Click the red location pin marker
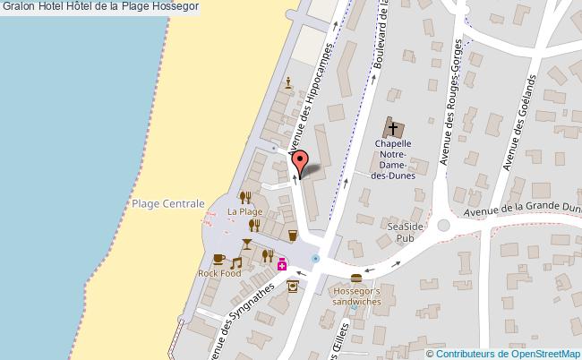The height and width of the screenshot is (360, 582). (x=302, y=160)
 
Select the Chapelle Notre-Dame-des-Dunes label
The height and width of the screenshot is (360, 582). (x=393, y=159)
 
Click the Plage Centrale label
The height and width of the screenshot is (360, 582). (x=168, y=204)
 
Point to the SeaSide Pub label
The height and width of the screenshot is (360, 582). (x=404, y=233)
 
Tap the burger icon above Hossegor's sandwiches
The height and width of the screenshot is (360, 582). (x=356, y=278)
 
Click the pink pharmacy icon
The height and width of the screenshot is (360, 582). (x=281, y=264)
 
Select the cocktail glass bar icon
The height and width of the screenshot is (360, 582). (x=247, y=244)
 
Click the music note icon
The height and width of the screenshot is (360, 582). (x=236, y=263)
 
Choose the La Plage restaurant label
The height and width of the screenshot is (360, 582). (x=244, y=211)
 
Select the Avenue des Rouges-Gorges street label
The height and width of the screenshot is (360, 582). (x=450, y=103)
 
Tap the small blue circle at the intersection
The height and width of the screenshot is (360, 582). (x=315, y=259)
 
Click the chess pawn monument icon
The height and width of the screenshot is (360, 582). (x=287, y=83)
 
